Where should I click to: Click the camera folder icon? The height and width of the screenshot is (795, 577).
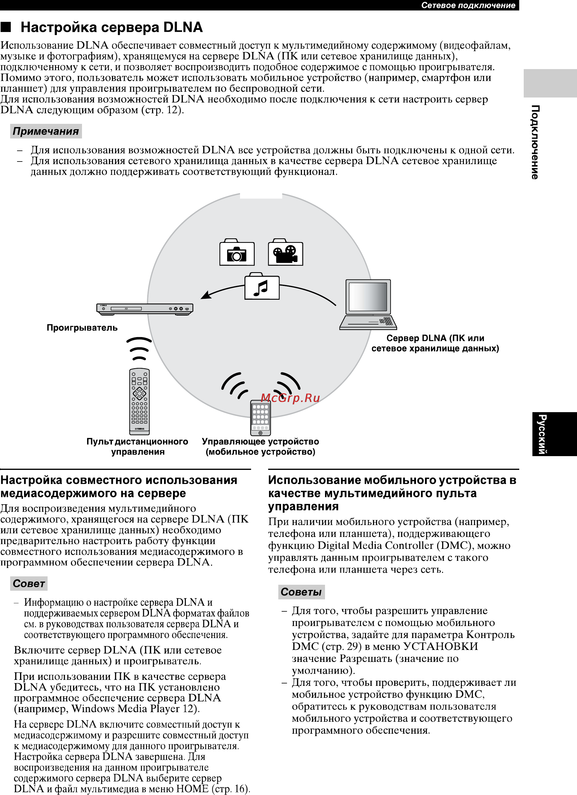237,252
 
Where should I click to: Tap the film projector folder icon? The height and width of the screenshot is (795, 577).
286,252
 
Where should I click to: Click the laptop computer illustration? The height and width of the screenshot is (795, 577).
368,304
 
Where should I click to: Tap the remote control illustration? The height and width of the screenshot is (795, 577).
139,401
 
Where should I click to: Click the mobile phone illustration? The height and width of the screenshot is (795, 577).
260,418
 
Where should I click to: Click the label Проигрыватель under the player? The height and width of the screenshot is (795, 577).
82,328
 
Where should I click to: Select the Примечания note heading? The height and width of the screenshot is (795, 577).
46,131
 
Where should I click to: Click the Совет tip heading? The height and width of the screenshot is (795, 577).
29,584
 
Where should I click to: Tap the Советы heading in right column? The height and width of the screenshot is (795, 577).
301,592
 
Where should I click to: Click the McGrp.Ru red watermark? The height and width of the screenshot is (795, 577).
290,398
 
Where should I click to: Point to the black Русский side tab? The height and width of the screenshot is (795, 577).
555,434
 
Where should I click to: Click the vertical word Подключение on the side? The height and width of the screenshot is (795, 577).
535,142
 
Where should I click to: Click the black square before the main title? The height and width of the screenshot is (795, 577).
6,27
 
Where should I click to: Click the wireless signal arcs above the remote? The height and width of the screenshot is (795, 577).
139,348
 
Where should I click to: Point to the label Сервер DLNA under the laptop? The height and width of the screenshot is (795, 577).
435,343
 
